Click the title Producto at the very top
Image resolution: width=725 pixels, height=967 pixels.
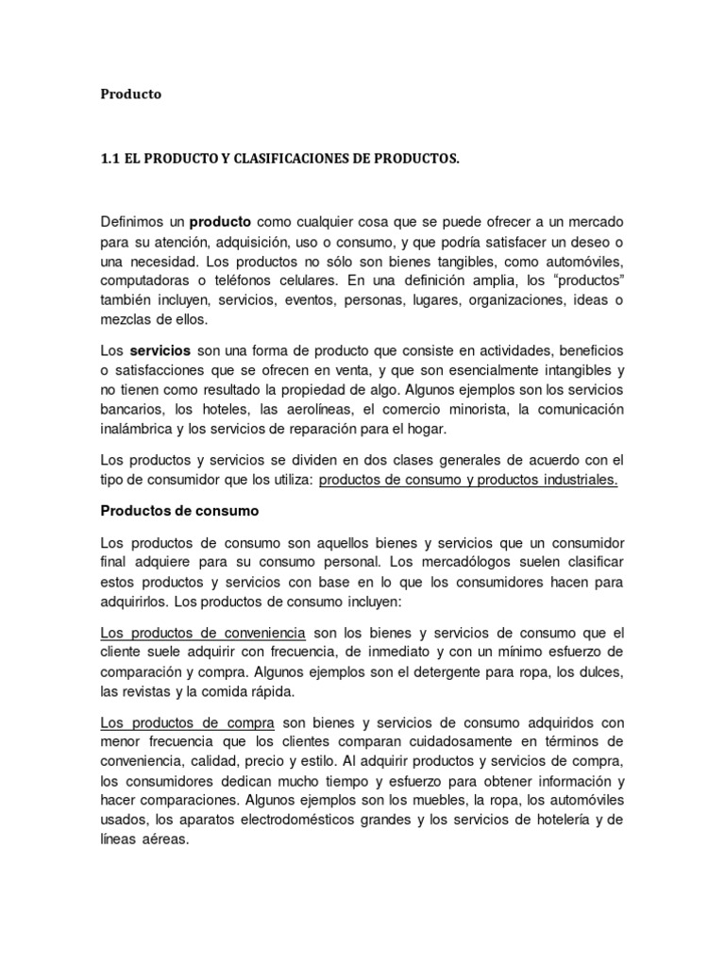[131, 94]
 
